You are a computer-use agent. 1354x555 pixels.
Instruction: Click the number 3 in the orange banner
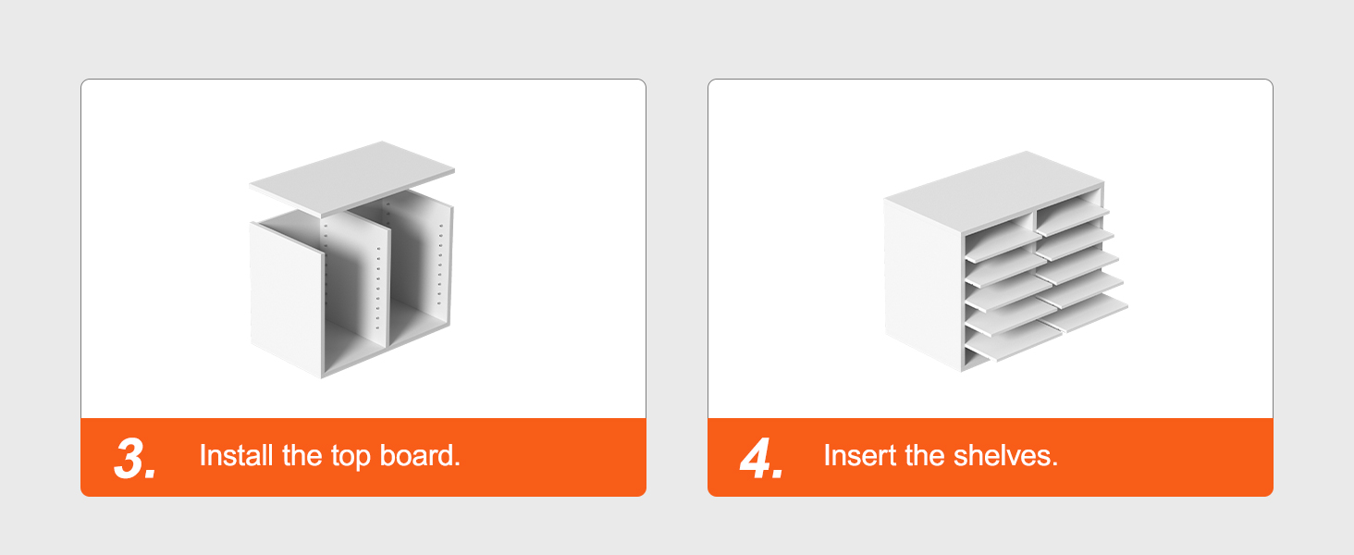click(131, 458)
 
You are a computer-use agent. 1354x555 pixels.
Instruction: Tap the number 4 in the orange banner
click(757, 458)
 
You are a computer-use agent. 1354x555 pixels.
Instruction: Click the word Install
click(237, 455)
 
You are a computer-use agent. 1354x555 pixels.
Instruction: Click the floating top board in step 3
click(351, 179)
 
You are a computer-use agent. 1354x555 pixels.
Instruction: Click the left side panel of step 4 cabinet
click(923, 284)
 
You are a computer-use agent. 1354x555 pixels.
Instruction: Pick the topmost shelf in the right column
click(1073, 218)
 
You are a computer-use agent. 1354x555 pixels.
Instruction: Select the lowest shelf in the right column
click(1085, 312)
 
